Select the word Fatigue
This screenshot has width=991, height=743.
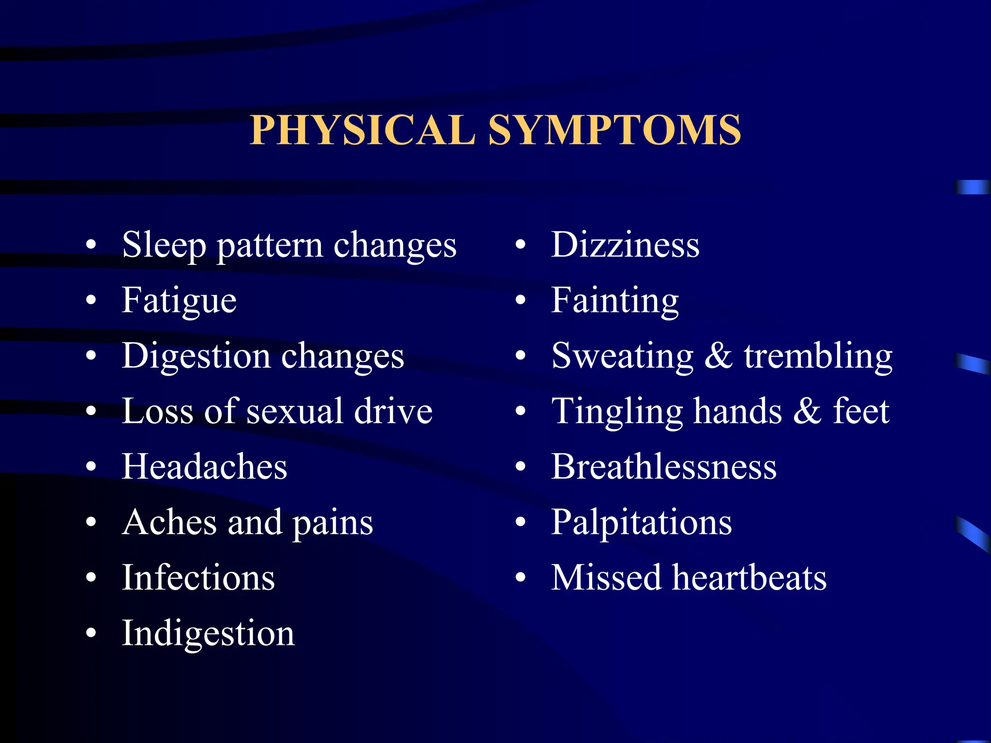pyautogui.click(x=179, y=300)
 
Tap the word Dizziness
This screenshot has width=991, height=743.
pyautogui.click(x=625, y=245)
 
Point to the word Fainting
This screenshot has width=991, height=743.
pyautogui.click(x=615, y=300)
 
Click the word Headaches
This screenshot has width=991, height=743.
pyautogui.click(x=204, y=467)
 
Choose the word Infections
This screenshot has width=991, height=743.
pyautogui.click(x=198, y=578)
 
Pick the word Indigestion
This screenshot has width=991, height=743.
pyautogui.click(x=208, y=633)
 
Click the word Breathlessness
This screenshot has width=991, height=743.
pyautogui.click(x=664, y=467)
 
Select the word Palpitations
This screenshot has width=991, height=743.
pyautogui.click(x=642, y=522)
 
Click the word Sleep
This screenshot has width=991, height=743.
pyautogui.click(x=164, y=245)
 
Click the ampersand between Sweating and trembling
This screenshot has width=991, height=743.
pyautogui.click(x=719, y=356)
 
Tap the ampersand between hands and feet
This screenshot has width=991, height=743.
pyautogui.click(x=807, y=411)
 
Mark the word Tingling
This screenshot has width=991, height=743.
pyautogui.click(x=617, y=411)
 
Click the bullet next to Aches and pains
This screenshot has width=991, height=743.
pyautogui.click(x=91, y=522)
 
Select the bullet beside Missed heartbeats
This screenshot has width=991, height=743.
pyautogui.click(x=520, y=578)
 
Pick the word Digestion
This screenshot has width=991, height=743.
pyautogui.click(x=196, y=356)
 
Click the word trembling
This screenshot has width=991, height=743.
pyautogui.click(x=818, y=356)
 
